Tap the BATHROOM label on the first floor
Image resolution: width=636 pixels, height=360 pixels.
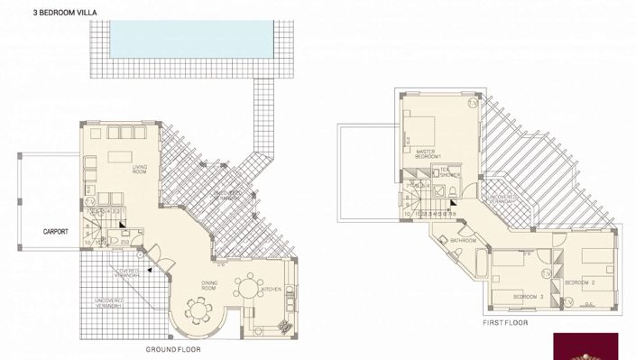tap(464, 241)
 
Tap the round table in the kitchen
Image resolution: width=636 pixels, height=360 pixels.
tap(246, 290)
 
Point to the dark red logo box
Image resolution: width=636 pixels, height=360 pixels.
tap(595, 346)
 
